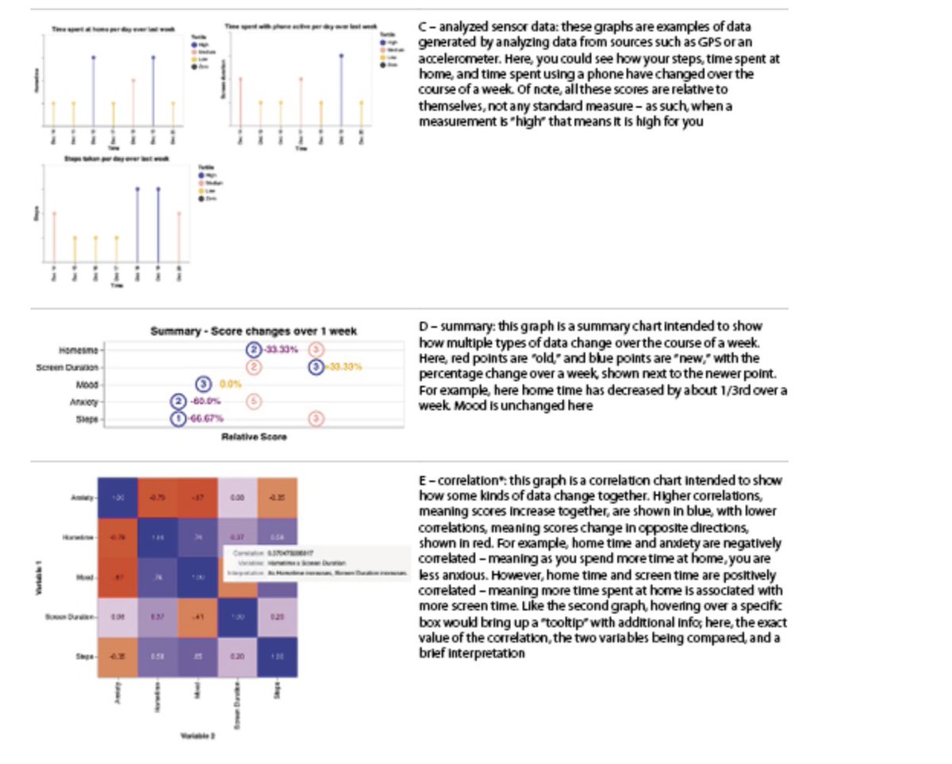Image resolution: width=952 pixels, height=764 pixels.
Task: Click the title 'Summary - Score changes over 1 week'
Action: tap(254, 331)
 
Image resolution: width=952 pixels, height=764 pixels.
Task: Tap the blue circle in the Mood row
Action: tap(204, 384)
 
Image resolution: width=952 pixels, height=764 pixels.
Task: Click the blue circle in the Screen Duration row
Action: tap(317, 367)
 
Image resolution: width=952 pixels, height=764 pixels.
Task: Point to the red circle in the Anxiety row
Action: tap(254, 401)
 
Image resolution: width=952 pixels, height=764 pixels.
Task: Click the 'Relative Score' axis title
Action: tap(254, 436)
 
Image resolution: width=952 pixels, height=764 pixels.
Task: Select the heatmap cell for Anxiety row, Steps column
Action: tap(277, 498)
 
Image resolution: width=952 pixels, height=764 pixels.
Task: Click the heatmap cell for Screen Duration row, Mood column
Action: tap(198, 617)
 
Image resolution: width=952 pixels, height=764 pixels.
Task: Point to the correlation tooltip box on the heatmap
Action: tap(317, 562)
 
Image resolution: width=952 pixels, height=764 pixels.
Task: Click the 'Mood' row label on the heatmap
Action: tap(86, 578)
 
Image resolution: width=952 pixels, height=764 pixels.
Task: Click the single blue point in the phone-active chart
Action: tap(341, 56)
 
